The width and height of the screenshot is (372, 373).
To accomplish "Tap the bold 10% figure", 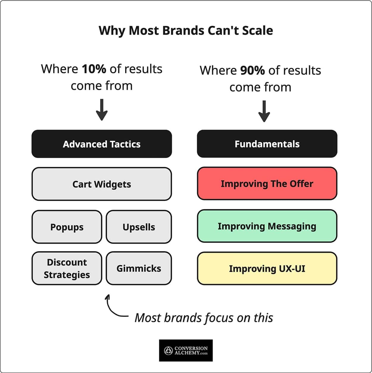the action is tap(94, 69).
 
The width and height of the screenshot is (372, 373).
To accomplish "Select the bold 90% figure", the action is tap(253, 70).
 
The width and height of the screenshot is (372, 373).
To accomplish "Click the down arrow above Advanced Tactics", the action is tap(102, 110).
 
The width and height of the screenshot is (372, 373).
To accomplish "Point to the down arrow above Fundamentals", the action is tap(264, 111).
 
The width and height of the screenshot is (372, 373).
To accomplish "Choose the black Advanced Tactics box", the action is tap(102, 144).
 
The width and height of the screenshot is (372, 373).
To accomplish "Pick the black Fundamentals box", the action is tap(267, 143).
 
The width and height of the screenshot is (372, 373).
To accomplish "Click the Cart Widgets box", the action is tap(102, 184).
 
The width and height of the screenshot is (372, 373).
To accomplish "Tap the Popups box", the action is tap(67, 227).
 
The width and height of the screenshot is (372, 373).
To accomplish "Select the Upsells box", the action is tap(139, 227).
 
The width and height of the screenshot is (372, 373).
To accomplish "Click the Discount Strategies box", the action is tap(67, 268).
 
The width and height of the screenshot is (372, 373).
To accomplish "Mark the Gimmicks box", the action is tap(139, 268).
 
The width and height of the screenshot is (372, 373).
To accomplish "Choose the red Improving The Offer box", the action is tap(267, 183).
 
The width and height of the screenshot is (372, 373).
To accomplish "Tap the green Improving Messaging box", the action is tap(267, 226).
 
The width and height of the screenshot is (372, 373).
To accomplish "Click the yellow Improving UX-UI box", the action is tap(267, 269).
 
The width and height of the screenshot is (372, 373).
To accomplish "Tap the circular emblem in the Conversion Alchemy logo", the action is tap(168, 351).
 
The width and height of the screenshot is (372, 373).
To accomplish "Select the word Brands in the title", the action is tap(183, 31).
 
